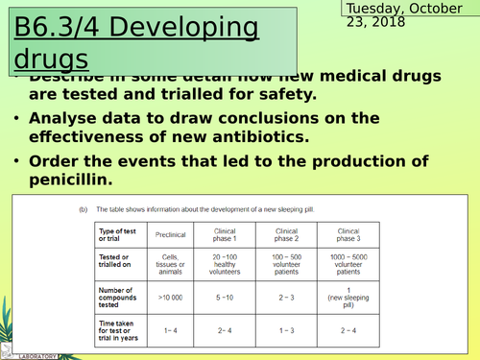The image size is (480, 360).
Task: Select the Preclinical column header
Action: coord(172,234)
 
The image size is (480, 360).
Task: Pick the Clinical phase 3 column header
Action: coord(345,234)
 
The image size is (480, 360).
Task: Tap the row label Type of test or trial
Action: coord(117,234)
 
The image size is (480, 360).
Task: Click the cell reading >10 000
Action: coord(172,299)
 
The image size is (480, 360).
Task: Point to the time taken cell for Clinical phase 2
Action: coord(287,330)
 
